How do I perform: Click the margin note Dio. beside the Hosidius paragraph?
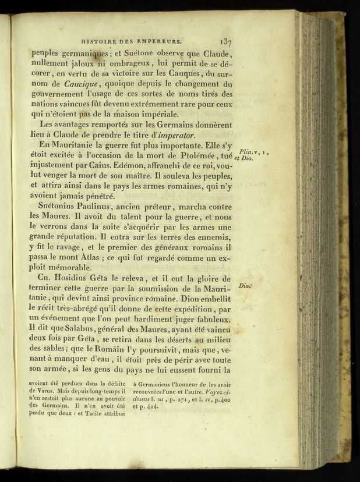[245, 286]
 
